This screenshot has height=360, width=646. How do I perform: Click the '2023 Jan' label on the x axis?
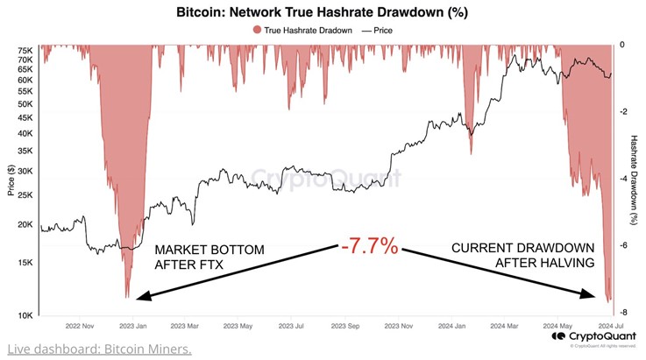[x=132, y=324]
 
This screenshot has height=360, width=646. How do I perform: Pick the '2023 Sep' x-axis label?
[x=344, y=324]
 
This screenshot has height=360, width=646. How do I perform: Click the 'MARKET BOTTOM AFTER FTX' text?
[x=209, y=257]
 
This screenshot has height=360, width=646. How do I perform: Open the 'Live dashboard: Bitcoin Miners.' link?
[x=98, y=349]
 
